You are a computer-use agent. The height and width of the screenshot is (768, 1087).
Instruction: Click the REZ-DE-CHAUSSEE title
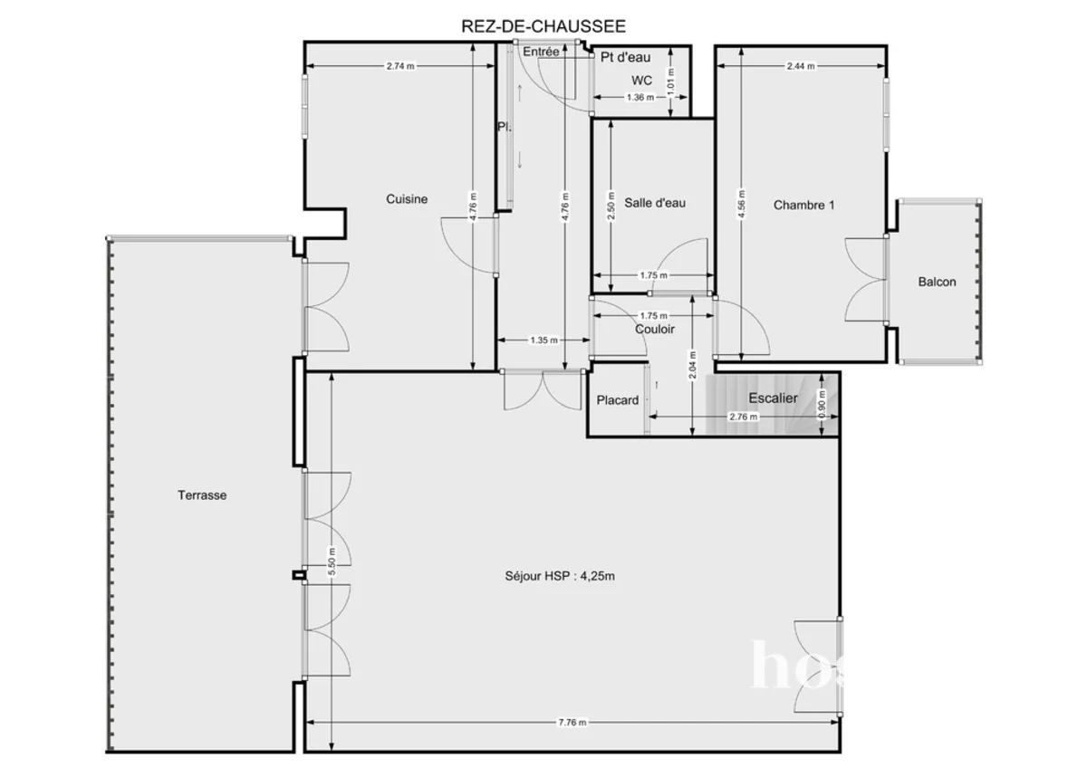pyautogui.click(x=543, y=27)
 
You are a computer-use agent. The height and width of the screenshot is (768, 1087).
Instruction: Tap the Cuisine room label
pyautogui.click(x=407, y=199)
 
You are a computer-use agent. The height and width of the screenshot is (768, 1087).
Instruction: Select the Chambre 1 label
pyautogui.click(x=803, y=205)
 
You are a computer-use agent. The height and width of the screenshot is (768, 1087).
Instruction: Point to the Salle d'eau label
pyautogui.click(x=655, y=203)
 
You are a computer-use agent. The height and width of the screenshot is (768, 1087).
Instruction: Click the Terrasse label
pyautogui.click(x=202, y=495)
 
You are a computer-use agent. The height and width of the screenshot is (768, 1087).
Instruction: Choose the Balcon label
pyautogui.click(x=937, y=282)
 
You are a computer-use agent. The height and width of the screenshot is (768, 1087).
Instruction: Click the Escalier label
pyautogui.click(x=773, y=398)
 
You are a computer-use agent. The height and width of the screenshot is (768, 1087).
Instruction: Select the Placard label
pyautogui.click(x=618, y=400)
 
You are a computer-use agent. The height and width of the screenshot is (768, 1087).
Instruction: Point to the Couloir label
pyautogui.click(x=654, y=330)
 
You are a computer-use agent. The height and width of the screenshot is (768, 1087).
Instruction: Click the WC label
pyautogui.click(x=641, y=81)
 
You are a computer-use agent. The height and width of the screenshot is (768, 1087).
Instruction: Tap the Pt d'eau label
pyautogui.click(x=626, y=57)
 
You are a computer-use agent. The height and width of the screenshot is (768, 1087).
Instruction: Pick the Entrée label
pyautogui.click(x=541, y=53)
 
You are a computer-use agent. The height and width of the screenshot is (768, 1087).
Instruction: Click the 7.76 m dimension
pyautogui.click(x=572, y=723)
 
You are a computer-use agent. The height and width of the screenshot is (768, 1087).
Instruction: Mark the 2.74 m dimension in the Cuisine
pyautogui.click(x=400, y=66)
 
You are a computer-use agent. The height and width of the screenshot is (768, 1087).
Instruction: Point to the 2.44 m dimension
pyautogui.click(x=800, y=66)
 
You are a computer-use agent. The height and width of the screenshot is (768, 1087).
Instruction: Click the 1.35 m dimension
pyautogui.click(x=543, y=341)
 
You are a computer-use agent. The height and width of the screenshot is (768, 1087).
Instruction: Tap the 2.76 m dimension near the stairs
pyautogui.click(x=744, y=417)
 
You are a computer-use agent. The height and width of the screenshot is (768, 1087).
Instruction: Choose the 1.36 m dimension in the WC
pyautogui.click(x=640, y=98)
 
